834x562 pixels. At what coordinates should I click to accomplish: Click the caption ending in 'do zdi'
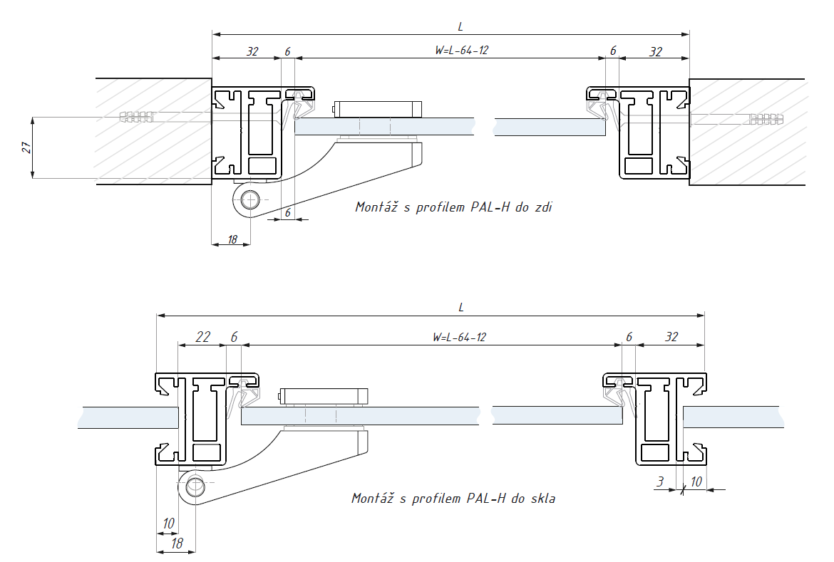(x=453, y=207)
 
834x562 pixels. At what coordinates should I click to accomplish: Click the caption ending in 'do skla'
(x=453, y=498)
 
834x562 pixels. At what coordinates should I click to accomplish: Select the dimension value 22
(x=203, y=337)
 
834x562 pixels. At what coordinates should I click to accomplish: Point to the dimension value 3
(x=661, y=482)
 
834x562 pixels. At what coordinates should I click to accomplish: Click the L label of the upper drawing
(x=460, y=26)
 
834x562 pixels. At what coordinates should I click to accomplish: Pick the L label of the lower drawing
(x=461, y=307)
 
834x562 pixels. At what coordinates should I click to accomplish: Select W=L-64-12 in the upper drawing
(x=462, y=51)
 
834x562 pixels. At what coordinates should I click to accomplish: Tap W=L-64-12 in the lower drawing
(x=459, y=337)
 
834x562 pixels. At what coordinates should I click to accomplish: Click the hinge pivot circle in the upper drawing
(x=249, y=200)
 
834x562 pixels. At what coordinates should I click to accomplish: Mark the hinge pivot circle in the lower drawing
(x=195, y=488)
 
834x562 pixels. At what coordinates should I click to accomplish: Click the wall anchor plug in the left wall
(x=139, y=115)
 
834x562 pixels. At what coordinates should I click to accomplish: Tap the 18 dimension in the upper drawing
(x=232, y=239)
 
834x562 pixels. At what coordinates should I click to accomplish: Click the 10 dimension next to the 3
(x=696, y=482)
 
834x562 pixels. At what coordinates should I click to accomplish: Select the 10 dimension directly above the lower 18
(x=168, y=524)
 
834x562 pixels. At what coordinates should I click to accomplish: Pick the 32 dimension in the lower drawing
(x=671, y=337)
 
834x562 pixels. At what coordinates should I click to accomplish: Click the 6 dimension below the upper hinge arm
(x=288, y=212)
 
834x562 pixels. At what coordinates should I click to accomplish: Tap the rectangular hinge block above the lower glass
(x=324, y=396)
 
